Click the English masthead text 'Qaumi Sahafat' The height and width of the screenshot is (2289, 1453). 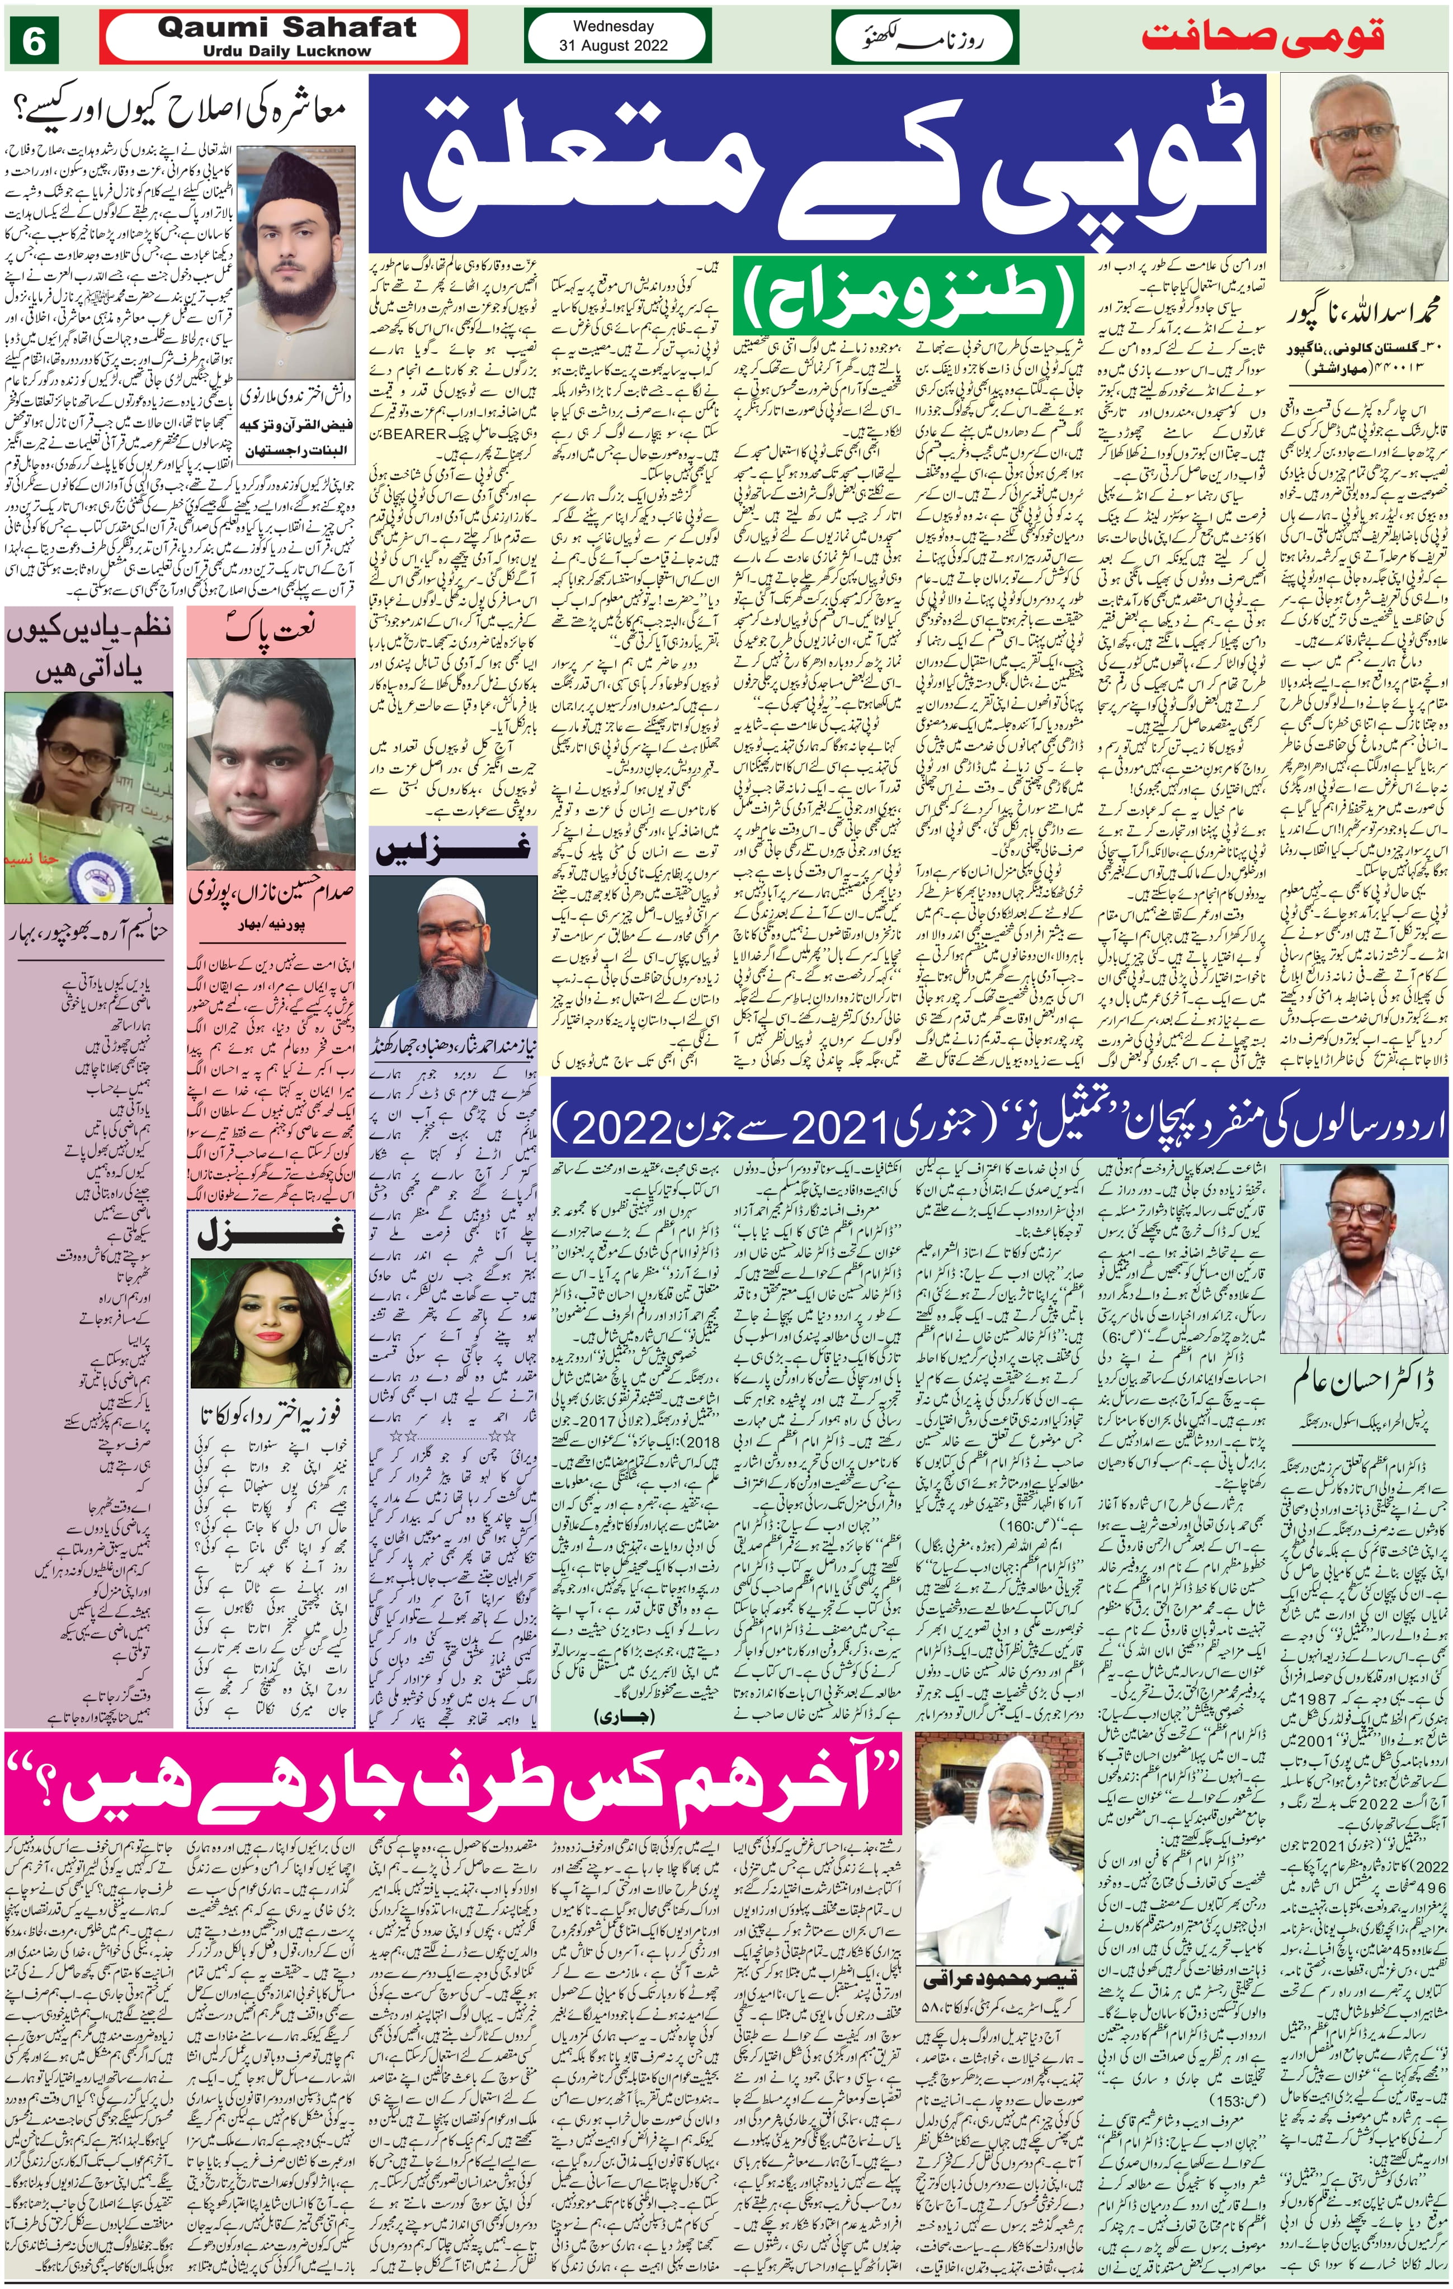coord(286,29)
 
